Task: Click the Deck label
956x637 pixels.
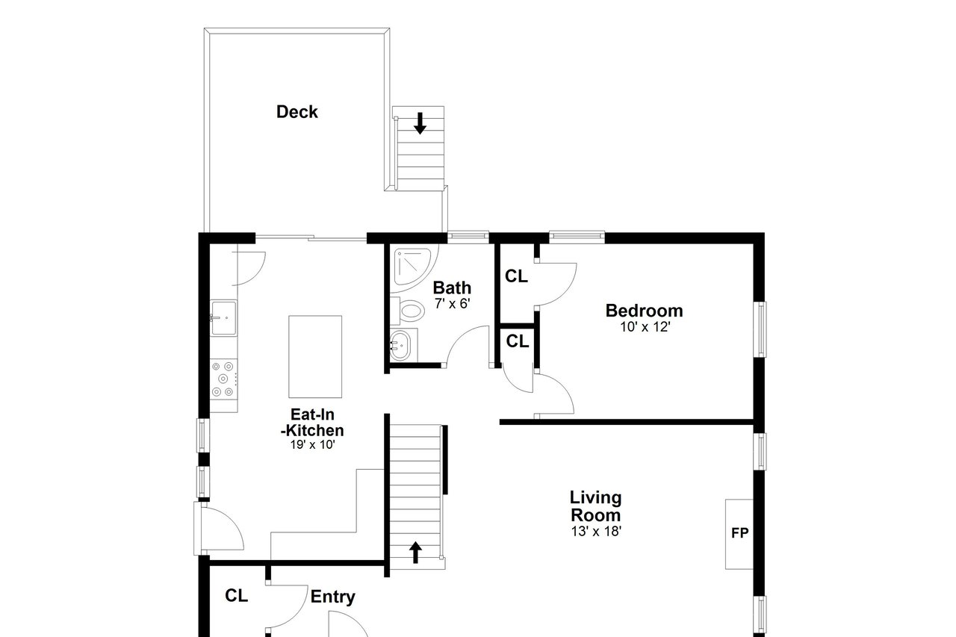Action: pos(297,112)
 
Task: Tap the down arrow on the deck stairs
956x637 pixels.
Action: pos(420,123)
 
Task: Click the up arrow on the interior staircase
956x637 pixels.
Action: pos(415,552)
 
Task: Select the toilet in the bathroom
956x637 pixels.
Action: pos(408,310)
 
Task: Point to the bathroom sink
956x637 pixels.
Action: pos(401,346)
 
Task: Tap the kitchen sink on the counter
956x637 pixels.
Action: pos(223,318)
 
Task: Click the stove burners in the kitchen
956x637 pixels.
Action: pos(223,379)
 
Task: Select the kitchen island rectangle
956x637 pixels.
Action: pos(315,357)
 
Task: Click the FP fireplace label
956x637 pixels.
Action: pos(739,533)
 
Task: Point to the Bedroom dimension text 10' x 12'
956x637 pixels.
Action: pos(645,327)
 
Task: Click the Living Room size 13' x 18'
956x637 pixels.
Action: pos(596,531)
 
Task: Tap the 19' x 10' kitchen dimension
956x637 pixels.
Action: pos(312,444)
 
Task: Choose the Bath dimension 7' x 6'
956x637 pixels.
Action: pos(453,304)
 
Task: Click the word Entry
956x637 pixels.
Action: pos(333,597)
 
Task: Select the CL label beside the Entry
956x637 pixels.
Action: pos(237,596)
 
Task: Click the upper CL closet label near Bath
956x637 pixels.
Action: pos(516,276)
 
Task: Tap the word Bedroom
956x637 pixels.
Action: pos(644,311)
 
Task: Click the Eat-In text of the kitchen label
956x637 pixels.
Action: pos(312,414)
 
